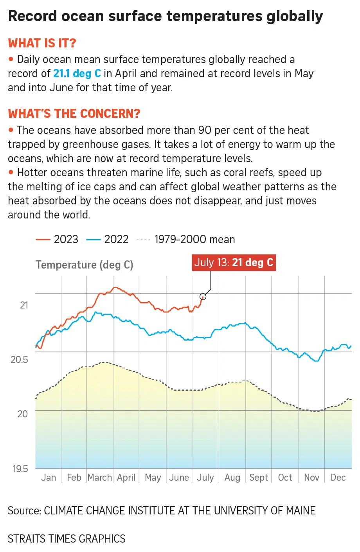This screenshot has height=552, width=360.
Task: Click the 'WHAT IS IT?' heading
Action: click(x=42, y=43)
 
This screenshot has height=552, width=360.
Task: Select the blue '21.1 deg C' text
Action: click(x=77, y=74)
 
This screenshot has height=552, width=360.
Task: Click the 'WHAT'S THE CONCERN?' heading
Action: click(x=74, y=114)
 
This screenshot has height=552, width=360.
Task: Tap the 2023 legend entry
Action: click(x=57, y=239)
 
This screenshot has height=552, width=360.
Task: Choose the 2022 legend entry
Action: click(x=107, y=239)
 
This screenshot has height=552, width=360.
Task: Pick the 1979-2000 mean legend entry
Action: click(x=186, y=239)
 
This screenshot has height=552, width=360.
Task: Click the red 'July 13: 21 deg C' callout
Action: click(x=234, y=262)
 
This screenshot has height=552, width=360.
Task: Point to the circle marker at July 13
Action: click(x=203, y=296)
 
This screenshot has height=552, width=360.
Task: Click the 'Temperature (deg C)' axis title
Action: click(x=85, y=265)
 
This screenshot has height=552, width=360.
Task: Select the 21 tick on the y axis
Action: click(x=24, y=305)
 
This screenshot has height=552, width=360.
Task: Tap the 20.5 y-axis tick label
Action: click(x=19, y=359)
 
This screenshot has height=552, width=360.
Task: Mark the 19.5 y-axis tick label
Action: click(x=20, y=469)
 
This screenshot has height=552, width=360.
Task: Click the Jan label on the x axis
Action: click(x=49, y=478)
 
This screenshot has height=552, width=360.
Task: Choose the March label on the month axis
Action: click(x=100, y=478)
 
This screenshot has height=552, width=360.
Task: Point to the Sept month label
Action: click(x=259, y=478)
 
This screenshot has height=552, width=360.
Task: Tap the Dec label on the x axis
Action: click(x=338, y=478)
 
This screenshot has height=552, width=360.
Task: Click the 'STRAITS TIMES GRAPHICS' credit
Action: click(x=67, y=539)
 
